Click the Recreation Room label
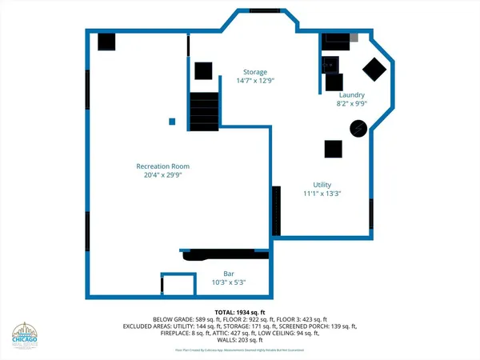[167, 166]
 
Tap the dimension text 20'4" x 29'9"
[167, 175]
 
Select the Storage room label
[255, 72]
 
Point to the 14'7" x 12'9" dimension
[255, 81]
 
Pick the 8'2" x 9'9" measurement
[351, 102]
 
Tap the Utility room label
[322, 184]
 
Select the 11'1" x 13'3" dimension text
[322, 193]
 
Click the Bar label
[228, 274]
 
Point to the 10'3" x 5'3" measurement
[228, 282]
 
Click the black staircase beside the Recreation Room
[204, 111]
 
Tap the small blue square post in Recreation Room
[172, 122]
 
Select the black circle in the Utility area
[361, 126]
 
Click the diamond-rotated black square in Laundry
[374, 70]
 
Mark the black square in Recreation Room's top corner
[106, 41]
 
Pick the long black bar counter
[220, 255]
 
